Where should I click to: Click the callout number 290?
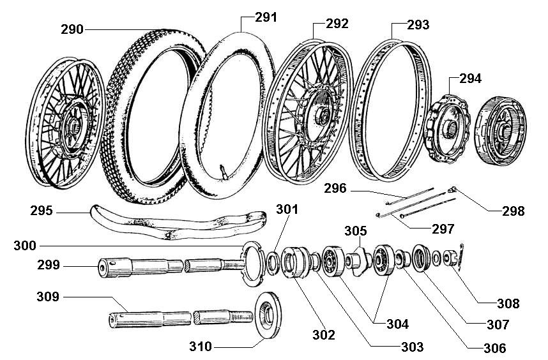click(73, 29)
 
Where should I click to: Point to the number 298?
click(513, 211)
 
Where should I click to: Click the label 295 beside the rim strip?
click(42, 210)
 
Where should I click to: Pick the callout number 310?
click(202, 347)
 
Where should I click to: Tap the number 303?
click(411, 347)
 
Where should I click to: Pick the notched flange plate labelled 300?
click(252, 262)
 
